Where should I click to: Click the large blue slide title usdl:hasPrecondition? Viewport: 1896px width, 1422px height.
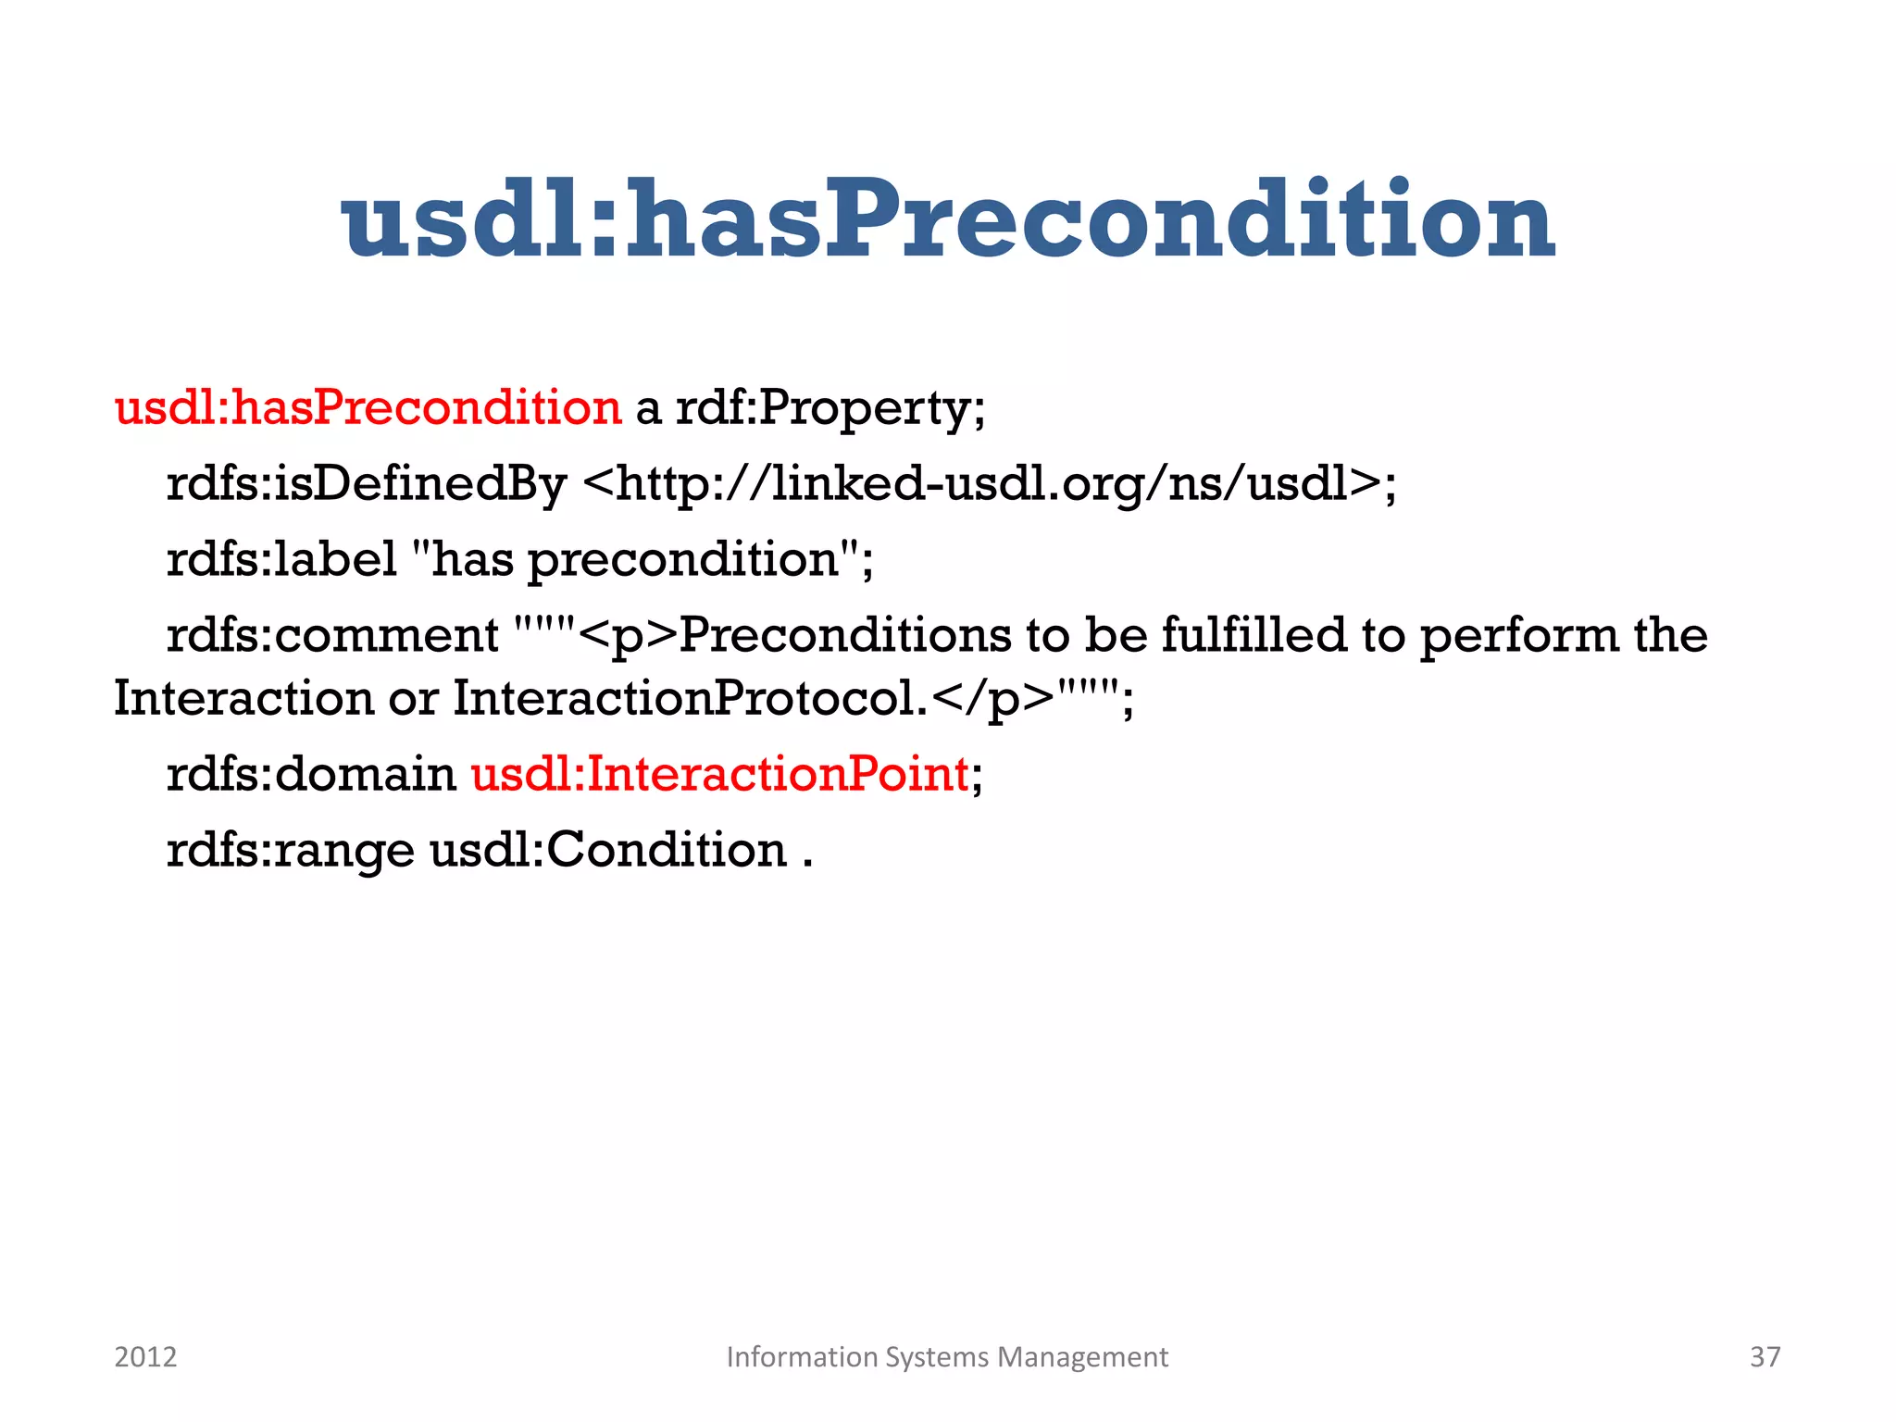pyautogui.click(x=948, y=220)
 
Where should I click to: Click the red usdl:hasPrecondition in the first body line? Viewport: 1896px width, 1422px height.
pyautogui.click(x=368, y=407)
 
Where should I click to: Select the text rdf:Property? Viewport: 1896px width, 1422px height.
pyautogui.click(x=830, y=407)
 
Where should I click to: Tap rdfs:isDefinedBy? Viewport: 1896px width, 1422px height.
pyautogui.click(x=366, y=483)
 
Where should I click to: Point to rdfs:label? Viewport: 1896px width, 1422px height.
pyautogui.click(x=281, y=559)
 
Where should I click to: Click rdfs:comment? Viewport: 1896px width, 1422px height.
pyautogui.click(x=332, y=635)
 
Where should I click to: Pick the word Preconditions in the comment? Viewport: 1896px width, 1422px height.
pyautogui.click(x=844, y=635)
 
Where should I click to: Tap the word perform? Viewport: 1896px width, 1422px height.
pyautogui.click(x=1518, y=635)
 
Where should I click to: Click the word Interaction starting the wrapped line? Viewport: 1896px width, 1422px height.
pyautogui.click(x=243, y=698)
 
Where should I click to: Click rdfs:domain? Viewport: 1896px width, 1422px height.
pyautogui.click(x=311, y=774)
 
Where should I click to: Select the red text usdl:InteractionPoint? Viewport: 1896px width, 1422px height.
pyautogui.click(x=720, y=774)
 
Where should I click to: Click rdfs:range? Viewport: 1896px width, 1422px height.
pyautogui.click(x=290, y=850)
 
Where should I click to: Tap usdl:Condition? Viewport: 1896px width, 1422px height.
pyautogui.click(x=608, y=850)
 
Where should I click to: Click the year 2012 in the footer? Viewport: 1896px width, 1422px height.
pyautogui.click(x=145, y=1357)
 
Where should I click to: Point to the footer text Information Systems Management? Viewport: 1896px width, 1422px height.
pyautogui.click(x=947, y=1357)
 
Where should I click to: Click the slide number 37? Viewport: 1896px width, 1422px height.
pyautogui.click(x=1765, y=1357)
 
